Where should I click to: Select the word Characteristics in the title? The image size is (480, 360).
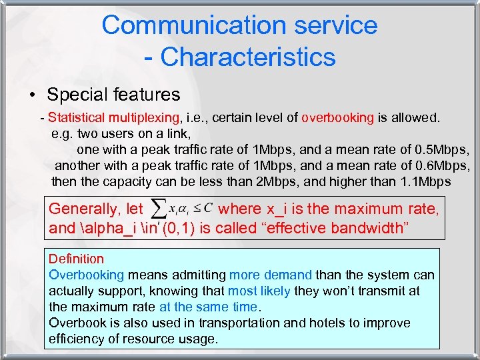pyautogui.click(x=248, y=57)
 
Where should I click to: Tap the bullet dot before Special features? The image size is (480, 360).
pyautogui.click(x=32, y=95)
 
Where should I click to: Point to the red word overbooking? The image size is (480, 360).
pyautogui.click(x=338, y=118)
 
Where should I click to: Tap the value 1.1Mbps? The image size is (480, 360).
pyautogui.click(x=426, y=181)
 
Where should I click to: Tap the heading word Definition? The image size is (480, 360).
pyautogui.click(x=76, y=259)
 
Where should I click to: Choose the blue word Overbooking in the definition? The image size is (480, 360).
pyautogui.click(x=87, y=275)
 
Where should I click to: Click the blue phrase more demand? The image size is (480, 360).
pyautogui.click(x=271, y=275)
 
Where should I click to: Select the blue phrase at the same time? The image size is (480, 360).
pyautogui.click(x=208, y=307)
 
